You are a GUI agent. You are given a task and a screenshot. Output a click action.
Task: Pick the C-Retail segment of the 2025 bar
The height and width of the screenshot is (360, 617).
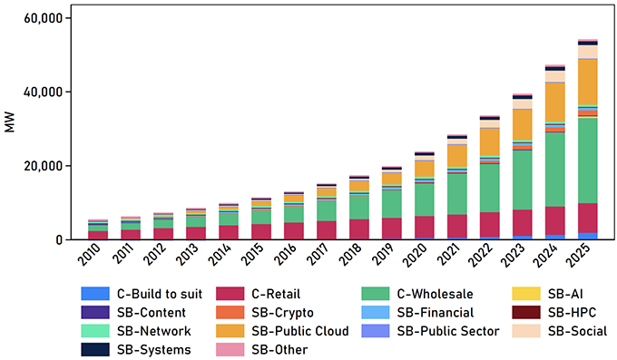pyautogui.click(x=588, y=218)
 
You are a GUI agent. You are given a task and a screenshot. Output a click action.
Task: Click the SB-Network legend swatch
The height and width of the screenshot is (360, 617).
pyautogui.click(x=86, y=331)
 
